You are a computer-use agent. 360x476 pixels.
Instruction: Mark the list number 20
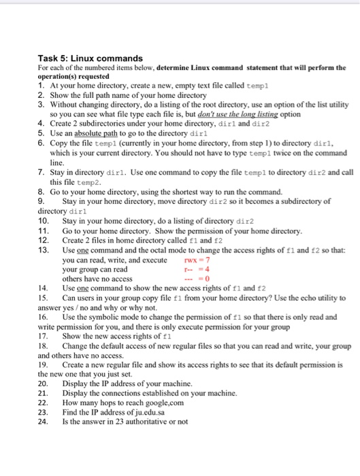[x=43, y=384]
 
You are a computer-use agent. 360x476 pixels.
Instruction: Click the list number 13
[x=43, y=250]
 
